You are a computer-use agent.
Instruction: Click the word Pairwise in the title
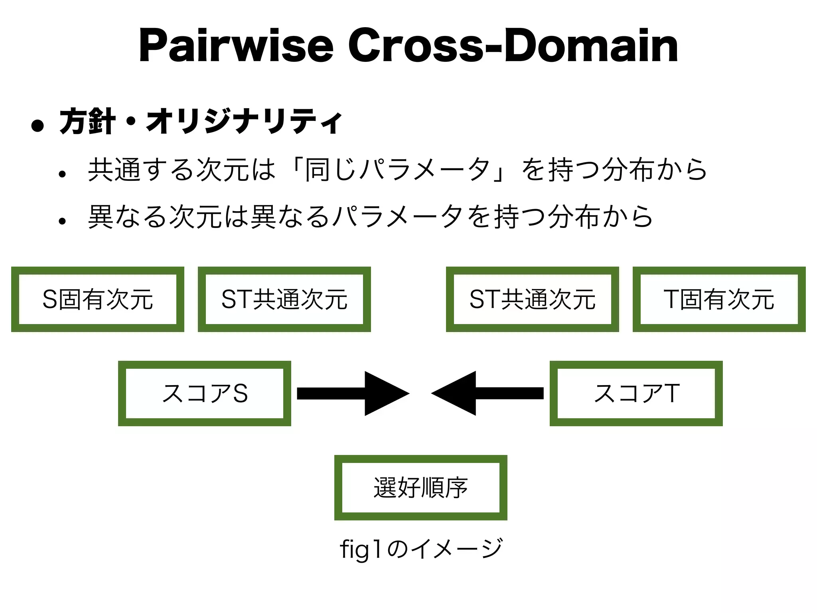[235, 46]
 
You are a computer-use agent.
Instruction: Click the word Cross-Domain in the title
[513, 46]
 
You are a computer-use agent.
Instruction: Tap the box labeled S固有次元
[98, 299]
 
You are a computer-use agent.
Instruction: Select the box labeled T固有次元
[719, 299]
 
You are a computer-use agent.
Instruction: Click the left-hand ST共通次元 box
[284, 299]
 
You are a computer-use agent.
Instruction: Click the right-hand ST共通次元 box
[532, 299]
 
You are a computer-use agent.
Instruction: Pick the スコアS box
[204, 394]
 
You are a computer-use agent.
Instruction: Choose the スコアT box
[636, 394]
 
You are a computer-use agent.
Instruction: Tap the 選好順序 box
[420, 488]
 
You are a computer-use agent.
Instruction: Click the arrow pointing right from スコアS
[353, 394]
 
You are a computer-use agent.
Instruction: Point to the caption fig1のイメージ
[420, 548]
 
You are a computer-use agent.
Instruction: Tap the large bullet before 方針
[37, 126]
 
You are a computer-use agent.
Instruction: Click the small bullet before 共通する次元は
[62, 174]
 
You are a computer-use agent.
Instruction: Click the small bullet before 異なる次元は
[62, 221]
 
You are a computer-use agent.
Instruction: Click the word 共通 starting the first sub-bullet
[114, 170]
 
